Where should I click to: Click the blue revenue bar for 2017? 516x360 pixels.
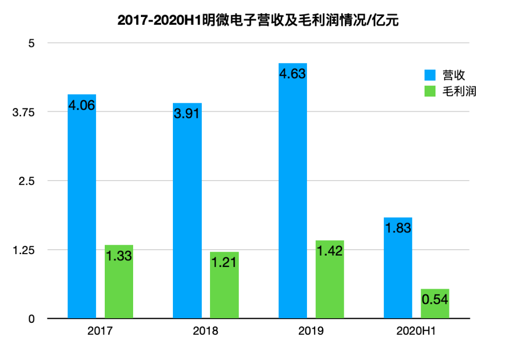point(82,206)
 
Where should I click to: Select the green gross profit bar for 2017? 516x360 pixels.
point(119,281)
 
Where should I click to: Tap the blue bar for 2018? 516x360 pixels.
point(187,210)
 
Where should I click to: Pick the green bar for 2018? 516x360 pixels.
point(224,285)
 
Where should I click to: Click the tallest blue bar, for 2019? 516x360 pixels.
point(293,191)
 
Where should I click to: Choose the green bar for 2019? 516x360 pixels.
point(330,279)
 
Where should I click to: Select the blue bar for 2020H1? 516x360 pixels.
point(398,268)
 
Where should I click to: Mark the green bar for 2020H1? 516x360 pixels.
point(435,303)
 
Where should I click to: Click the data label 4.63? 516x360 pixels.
point(293,74)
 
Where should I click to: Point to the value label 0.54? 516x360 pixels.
point(435,300)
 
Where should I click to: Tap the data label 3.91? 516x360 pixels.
point(187,114)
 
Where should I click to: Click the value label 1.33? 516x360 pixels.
point(119,256)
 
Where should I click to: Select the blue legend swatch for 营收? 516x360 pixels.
point(430,75)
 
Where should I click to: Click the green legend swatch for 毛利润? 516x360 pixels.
point(430,91)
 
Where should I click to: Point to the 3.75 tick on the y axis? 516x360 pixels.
point(23,112)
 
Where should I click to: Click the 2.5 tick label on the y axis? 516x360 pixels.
point(27,181)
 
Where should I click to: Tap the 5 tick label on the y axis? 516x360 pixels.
point(31,43)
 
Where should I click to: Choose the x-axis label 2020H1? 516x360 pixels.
point(416,331)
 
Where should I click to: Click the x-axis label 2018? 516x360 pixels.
point(205,331)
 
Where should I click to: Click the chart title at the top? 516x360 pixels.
point(258,21)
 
